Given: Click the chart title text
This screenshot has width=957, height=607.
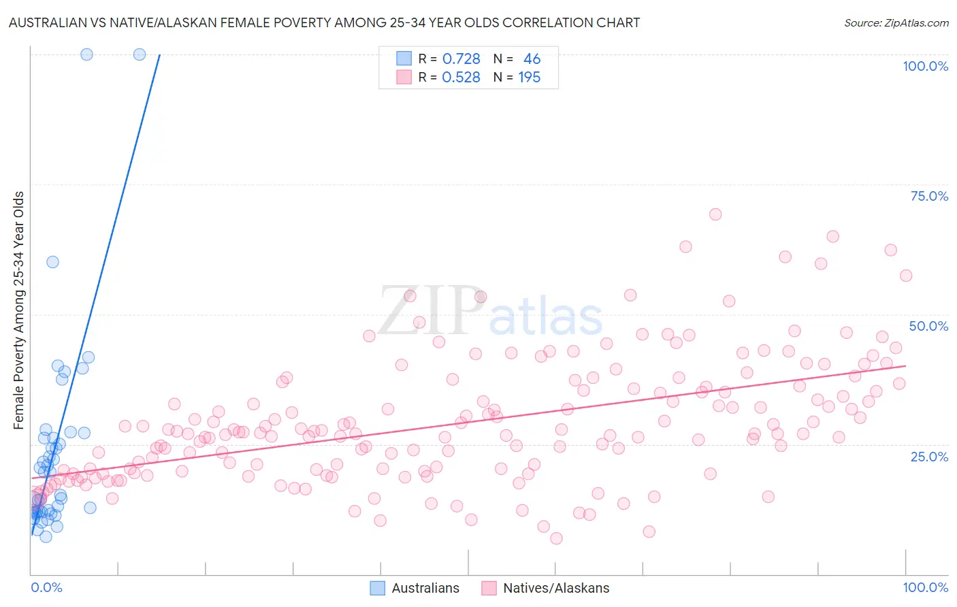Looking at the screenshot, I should [x=325, y=22].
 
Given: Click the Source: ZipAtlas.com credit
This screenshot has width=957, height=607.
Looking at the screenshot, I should [x=896, y=22].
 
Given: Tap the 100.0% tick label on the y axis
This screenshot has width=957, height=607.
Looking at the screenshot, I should [x=925, y=66].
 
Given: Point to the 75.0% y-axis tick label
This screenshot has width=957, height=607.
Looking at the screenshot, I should [x=929, y=196].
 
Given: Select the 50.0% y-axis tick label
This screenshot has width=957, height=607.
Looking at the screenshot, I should [x=928, y=326].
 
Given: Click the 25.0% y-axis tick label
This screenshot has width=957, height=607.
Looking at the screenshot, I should [x=929, y=456].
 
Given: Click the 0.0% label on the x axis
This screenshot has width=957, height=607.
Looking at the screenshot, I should [x=46, y=587].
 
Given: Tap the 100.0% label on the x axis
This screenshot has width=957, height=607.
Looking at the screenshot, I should [x=925, y=587].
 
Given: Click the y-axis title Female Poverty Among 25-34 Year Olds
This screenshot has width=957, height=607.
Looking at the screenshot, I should [x=19, y=310].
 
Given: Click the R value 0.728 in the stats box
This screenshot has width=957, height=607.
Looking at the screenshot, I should [x=461, y=59].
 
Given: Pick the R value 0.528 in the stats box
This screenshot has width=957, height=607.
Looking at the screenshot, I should [x=461, y=78].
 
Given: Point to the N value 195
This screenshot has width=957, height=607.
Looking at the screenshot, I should [x=529, y=78].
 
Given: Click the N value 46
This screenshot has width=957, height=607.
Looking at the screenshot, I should [x=532, y=59].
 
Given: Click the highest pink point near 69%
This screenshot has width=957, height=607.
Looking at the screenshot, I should [x=715, y=214].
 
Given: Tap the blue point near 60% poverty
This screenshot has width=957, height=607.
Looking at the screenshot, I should [x=52, y=262].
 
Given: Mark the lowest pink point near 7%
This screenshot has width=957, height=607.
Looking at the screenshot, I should [x=556, y=538].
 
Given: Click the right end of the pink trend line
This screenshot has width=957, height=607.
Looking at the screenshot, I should [x=905, y=366].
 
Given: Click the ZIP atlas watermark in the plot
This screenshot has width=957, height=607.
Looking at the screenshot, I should [x=491, y=312].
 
